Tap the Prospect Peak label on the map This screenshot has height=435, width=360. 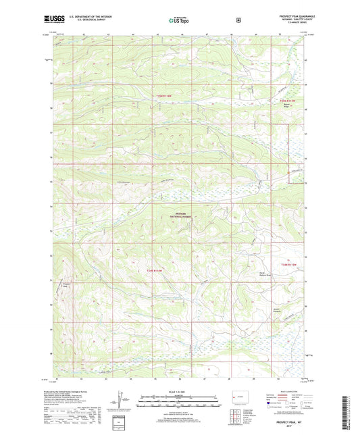66,284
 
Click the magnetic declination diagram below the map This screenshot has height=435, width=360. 120,399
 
